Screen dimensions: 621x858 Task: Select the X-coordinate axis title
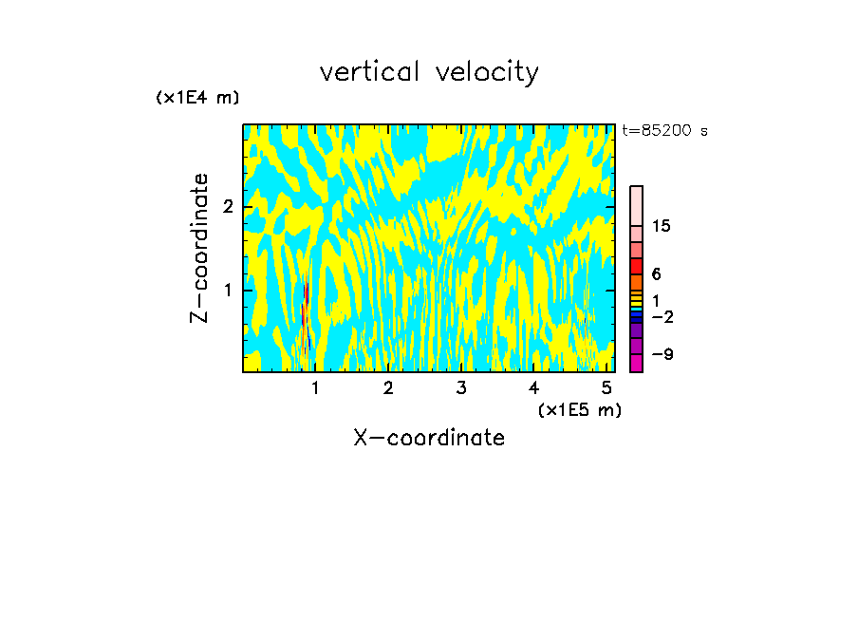tap(429, 438)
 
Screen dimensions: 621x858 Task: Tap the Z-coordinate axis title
tap(199, 248)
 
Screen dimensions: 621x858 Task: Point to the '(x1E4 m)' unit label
tap(197, 98)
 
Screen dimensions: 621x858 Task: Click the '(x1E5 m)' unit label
tap(579, 409)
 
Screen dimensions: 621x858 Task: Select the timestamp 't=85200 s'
tap(665, 131)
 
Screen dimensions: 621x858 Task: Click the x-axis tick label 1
tap(315, 388)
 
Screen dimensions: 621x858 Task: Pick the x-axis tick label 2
tap(388, 388)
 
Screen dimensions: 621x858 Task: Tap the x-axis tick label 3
tap(460, 388)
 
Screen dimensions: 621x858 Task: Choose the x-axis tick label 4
tap(533, 388)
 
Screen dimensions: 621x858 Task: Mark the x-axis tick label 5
tap(606, 388)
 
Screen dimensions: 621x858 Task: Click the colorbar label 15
tap(662, 226)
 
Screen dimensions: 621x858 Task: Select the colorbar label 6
tap(657, 274)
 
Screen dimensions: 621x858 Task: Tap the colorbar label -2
tap(662, 317)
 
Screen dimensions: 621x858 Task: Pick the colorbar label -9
tap(662, 354)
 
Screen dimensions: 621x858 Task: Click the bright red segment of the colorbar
tap(637, 266)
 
